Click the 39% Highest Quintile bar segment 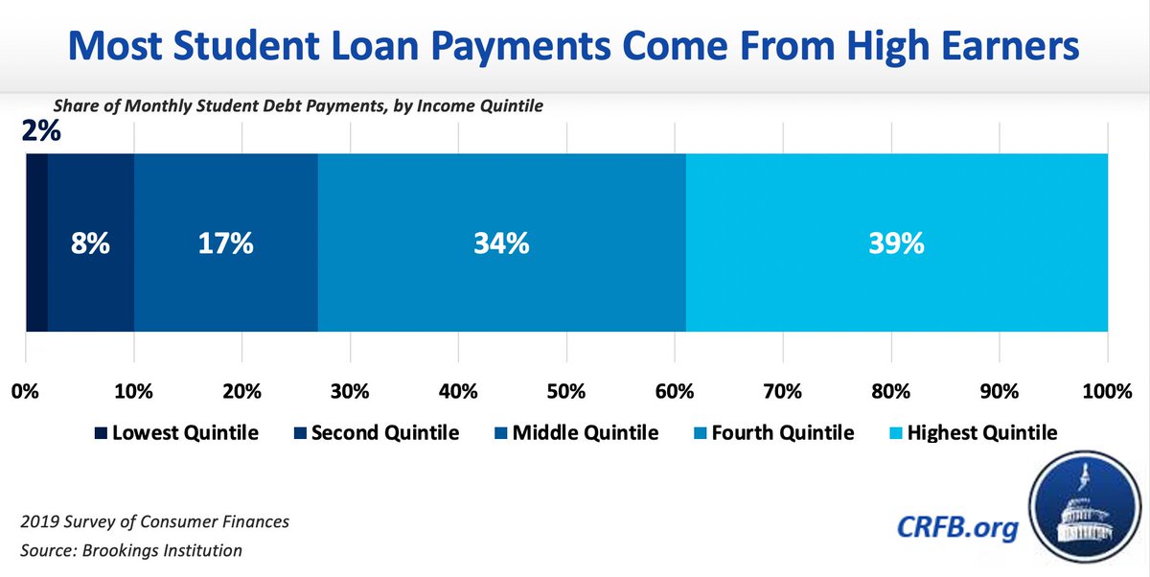pos(897,243)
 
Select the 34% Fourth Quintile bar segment pos(501,243)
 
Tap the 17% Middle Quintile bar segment pos(226,243)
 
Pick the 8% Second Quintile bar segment pos(91,243)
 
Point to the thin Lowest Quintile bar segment pos(36,243)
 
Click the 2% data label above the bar pos(41,129)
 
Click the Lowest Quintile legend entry pos(176,433)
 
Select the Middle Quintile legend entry pos(575,433)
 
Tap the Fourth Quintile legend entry pos(774,433)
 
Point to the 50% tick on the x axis pos(566,391)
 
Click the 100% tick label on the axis pos(1107,391)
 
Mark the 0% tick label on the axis pos(25,391)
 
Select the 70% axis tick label pos(783,391)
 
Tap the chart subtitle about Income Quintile pos(299,106)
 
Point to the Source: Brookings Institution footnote pos(131,551)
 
